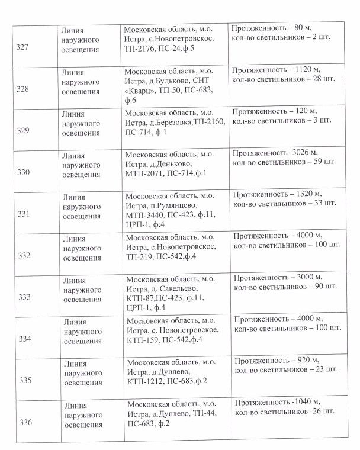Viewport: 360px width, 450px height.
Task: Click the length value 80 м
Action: (x=310, y=28)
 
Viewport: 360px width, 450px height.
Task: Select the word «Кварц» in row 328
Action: (x=142, y=90)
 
